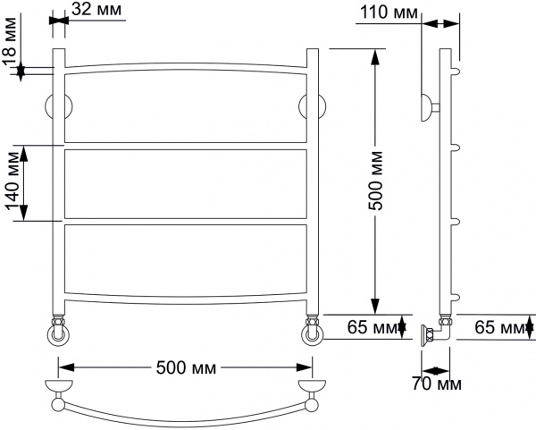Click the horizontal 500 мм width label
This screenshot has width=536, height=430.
[x=185, y=367]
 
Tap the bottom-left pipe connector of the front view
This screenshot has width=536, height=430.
[x=58, y=333]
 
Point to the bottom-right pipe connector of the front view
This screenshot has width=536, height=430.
[x=313, y=333]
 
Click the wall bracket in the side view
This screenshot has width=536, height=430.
[x=429, y=107]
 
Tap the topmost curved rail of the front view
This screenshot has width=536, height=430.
[x=185, y=66]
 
